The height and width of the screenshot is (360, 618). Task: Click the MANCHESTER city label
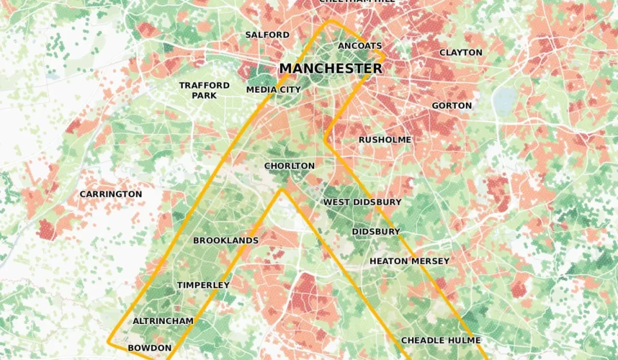330,68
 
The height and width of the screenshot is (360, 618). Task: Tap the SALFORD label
267,34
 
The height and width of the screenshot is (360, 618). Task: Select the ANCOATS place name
360,46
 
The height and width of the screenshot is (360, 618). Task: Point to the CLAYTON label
460,52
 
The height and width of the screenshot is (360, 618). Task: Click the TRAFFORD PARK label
204,90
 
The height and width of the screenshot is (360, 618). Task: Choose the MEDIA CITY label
274,90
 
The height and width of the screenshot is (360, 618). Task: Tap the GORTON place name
451,105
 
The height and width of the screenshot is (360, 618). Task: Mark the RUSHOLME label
384,139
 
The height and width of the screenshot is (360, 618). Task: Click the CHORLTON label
290,166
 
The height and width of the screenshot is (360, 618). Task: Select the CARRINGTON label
111,194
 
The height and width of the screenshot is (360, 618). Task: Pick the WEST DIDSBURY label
362,202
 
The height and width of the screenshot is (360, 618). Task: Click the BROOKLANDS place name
226,240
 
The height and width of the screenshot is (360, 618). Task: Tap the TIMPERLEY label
203,285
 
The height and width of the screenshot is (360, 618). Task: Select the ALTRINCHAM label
163,321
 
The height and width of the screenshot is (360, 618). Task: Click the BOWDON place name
149,348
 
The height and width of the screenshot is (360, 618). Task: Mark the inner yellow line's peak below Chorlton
281,190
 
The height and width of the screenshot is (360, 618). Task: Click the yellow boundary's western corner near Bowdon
109,340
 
